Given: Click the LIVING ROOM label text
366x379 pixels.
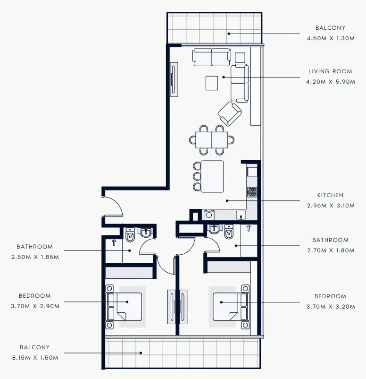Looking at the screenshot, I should [330, 71].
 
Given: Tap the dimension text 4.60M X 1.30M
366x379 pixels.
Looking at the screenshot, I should [330, 38].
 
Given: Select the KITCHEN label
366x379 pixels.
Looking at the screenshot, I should [330, 195].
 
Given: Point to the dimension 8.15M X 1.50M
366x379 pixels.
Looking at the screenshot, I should [35, 358].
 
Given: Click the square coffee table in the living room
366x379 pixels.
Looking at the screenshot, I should [212, 83].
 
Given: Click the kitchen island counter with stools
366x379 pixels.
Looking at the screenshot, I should [212, 176].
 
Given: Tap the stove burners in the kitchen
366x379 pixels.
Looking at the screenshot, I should [252, 192].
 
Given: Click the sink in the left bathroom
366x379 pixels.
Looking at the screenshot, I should [145, 233].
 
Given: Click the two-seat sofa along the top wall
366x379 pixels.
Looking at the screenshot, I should [211, 57].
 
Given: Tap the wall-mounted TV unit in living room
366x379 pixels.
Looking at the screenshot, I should [174, 79].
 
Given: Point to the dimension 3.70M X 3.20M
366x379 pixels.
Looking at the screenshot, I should [330, 307].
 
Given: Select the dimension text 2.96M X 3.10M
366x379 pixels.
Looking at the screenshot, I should [330, 206].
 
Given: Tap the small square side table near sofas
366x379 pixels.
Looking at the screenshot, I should [240, 57].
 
